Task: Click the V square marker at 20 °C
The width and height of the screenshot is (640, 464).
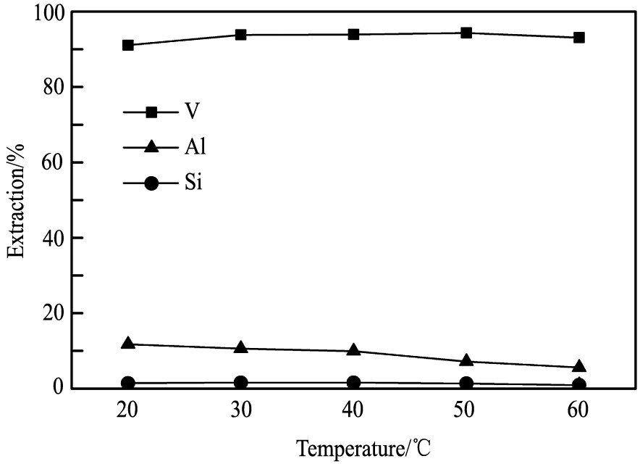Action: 128,45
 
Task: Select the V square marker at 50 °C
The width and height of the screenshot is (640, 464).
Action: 466,33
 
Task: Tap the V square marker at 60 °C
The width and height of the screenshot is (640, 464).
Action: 579,38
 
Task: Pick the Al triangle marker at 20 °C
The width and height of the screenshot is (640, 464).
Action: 128,343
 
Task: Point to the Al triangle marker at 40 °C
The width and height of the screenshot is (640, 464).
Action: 353,350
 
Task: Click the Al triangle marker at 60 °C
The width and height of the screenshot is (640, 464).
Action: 579,367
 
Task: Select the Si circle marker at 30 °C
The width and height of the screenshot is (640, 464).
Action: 241,383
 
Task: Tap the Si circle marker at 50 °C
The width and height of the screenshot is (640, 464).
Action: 466,384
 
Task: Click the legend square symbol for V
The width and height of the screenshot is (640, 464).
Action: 151,112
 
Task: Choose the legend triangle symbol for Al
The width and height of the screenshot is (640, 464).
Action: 151,147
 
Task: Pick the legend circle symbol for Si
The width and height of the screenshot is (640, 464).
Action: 151,183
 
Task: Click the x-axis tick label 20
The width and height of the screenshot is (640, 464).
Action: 128,410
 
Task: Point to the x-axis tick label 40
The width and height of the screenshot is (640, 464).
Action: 353,410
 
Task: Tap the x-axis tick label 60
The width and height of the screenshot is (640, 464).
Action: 579,410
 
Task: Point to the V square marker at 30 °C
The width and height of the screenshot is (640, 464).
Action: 241,35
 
